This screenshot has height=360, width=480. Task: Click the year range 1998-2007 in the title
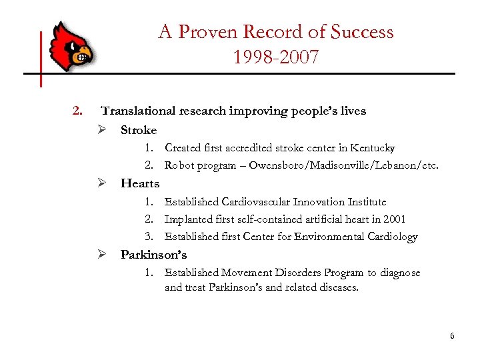(x=276, y=57)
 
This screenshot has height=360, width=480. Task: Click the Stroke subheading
(x=139, y=130)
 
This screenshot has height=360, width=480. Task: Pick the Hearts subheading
(x=140, y=183)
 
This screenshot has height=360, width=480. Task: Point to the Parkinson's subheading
(x=153, y=255)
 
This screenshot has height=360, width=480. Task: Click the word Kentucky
(x=373, y=148)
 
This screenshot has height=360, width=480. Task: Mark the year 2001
(x=393, y=219)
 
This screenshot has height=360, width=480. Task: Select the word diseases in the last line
(x=335, y=289)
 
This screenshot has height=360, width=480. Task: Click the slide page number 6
(x=452, y=336)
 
